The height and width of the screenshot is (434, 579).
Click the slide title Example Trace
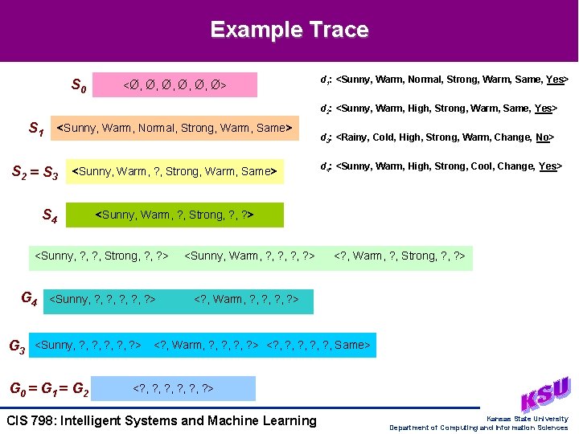coord(289,31)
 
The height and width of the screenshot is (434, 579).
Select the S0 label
coord(79,84)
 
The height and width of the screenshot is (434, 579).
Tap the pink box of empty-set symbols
coord(175,84)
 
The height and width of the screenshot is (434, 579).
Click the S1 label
coord(36,128)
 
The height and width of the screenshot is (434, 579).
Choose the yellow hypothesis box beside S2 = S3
coord(175,171)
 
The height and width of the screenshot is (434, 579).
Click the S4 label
coord(49,215)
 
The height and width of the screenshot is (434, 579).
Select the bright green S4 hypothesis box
coord(175,215)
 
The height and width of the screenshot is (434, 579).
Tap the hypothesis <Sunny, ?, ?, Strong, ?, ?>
coord(100,256)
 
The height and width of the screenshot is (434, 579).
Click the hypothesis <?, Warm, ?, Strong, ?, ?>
coord(400,256)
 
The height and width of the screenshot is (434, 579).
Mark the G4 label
coord(29,300)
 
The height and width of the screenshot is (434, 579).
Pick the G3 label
coord(16,346)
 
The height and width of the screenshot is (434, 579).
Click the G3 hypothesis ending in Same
coord(318,346)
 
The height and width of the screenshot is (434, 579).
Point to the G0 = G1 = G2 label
coord(48,390)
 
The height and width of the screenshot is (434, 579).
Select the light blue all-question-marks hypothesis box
coord(173,389)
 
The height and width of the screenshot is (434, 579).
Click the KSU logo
coord(544,395)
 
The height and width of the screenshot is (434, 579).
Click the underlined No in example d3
coord(542,137)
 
